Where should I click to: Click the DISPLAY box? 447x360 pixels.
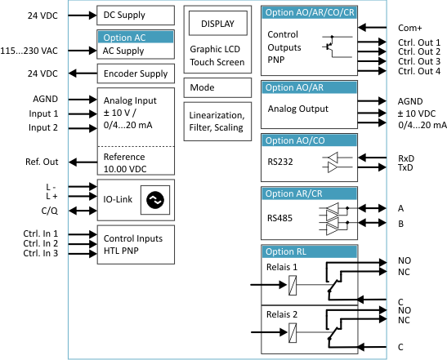click(218, 23)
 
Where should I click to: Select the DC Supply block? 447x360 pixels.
click(136, 15)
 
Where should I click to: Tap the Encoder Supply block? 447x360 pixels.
click(136, 73)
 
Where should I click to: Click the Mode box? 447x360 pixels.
click(217, 87)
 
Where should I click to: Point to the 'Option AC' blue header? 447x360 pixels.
click(136, 38)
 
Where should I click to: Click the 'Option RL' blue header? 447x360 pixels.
click(310, 251)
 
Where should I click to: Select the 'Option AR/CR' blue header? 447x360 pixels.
click(310, 193)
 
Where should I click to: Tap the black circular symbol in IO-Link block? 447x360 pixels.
click(155, 200)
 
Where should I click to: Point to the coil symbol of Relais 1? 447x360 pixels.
click(293, 285)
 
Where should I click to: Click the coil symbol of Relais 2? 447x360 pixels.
click(293, 333)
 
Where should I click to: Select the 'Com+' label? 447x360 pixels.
click(409, 28)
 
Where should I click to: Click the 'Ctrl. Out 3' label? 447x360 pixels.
click(419, 61)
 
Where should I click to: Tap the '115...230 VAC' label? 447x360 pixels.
click(29, 51)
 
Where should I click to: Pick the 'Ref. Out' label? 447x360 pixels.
click(42, 162)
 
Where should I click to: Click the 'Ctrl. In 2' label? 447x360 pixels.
click(41, 243)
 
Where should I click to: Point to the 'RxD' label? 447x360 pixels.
click(406, 158)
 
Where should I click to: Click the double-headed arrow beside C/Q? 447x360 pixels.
click(83, 211)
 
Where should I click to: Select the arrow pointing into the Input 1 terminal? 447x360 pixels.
click(83, 114)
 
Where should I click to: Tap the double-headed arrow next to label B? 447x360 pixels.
click(372, 222)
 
